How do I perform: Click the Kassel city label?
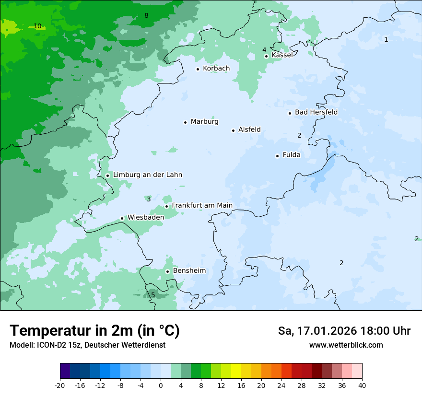point(282,55)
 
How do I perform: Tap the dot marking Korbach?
point(198,69)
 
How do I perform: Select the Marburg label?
point(204,122)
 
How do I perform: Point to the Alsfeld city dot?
point(234,130)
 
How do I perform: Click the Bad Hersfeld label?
point(316,112)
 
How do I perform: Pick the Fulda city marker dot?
point(278,156)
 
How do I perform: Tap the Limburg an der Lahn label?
point(147,175)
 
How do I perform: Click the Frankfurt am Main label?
point(202,206)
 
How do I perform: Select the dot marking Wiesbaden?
point(122,218)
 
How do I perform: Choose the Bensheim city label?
point(189,271)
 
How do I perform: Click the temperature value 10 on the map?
point(37,26)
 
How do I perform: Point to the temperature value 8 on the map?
point(146,15)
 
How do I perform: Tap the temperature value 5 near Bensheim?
point(153,295)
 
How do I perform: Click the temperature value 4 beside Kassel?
point(264,50)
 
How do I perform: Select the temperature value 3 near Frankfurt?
point(149,199)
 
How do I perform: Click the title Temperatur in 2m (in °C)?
point(94,331)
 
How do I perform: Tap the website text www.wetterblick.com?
point(346,345)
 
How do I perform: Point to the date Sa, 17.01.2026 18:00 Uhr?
point(344,331)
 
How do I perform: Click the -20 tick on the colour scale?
point(60,386)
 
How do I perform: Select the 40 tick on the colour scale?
point(362,386)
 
